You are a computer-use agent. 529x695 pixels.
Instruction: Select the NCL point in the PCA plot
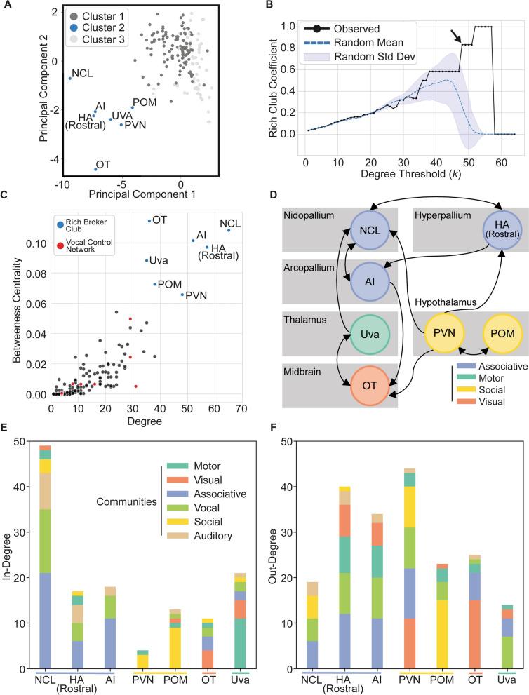point(69,78)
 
